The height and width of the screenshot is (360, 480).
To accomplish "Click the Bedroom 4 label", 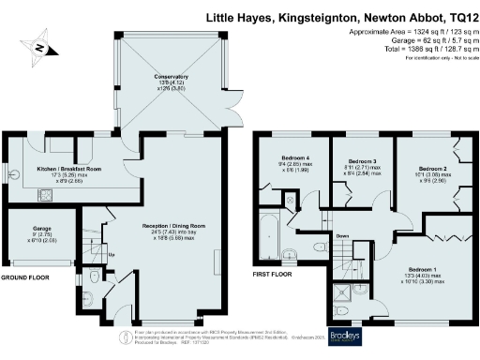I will [x=294, y=157].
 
